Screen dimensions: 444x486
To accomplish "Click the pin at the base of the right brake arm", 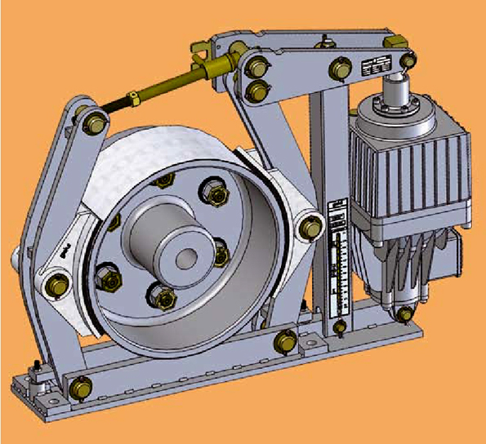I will [x=285, y=341].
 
